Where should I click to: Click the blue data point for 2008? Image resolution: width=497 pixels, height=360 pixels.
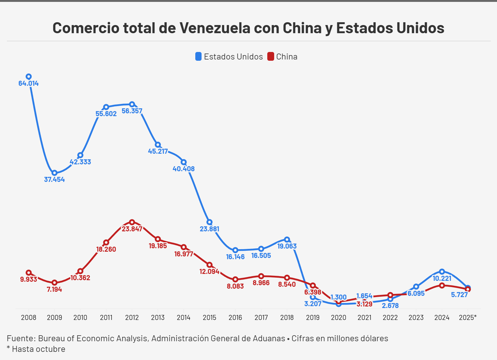[28, 77]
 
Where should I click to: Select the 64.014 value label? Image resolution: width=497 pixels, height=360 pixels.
[28, 84]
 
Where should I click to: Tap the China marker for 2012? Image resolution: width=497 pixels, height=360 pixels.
[132, 222]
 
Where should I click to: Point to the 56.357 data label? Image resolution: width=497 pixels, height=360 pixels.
[132, 111]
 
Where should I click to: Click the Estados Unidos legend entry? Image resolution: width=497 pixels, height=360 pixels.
[229, 57]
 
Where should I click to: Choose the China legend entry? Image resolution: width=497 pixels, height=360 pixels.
[282, 57]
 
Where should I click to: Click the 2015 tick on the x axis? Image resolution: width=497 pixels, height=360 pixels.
[209, 317]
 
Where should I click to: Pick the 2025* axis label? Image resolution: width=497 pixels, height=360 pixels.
[468, 317]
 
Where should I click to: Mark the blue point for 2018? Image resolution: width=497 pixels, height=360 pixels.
[287, 239]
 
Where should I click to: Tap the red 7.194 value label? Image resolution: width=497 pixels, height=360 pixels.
[54, 290]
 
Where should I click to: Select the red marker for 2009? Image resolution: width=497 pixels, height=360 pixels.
[54, 283]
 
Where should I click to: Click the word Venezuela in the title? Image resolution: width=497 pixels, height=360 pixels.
[215, 28]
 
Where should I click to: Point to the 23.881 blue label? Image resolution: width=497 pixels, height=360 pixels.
[209, 229]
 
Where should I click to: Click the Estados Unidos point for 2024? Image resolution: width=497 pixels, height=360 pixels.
[442, 271]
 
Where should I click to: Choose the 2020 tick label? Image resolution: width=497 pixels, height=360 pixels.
[339, 317]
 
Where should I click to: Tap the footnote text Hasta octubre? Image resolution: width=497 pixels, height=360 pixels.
[38, 349]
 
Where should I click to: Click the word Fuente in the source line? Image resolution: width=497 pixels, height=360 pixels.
[20, 338]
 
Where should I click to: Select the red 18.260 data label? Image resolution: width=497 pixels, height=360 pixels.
[106, 249]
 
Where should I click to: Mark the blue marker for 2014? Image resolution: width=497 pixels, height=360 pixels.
[184, 162]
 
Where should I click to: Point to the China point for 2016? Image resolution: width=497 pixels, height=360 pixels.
[235, 279]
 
